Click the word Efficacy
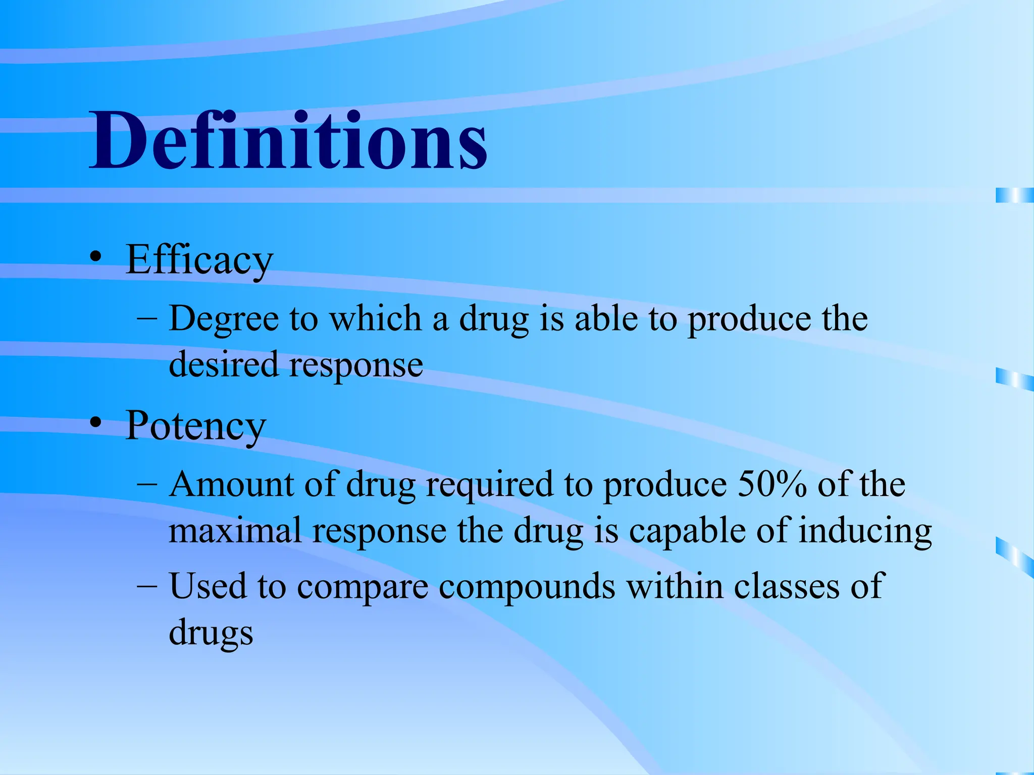click(x=199, y=260)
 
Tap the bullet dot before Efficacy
click(x=95, y=257)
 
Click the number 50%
click(x=772, y=484)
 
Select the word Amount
click(x=231, y=484)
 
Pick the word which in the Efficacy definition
click(x=375, y=319)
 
